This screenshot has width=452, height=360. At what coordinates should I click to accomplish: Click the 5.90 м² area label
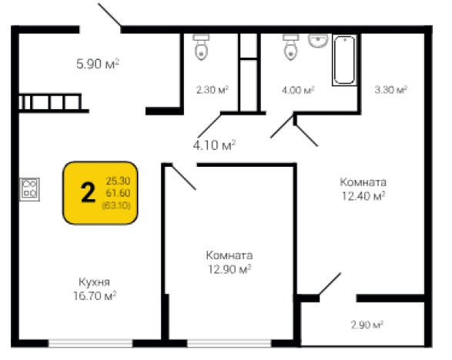coord(98,64)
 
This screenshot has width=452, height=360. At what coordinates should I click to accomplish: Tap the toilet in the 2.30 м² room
coord(201,47)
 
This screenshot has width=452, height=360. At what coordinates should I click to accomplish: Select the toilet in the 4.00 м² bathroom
coord(290,47)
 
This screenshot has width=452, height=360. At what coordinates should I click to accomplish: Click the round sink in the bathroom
coord(318,41)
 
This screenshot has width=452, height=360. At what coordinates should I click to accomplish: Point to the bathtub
coord(344,60)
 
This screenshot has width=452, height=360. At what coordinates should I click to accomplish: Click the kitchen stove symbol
coord(29,189)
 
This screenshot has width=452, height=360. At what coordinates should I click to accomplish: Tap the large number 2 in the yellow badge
coord(88,192)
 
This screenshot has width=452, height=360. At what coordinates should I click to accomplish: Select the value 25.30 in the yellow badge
coord(118,181)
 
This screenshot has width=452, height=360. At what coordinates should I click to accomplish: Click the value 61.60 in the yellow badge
coord(118,193)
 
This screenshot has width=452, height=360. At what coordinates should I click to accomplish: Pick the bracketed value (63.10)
coord(116,205)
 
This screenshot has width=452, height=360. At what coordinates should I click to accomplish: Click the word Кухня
coord(94,282)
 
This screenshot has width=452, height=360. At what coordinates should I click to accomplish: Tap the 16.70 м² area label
coord(95,295)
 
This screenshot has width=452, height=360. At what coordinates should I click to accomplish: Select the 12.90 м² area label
coord(229,269)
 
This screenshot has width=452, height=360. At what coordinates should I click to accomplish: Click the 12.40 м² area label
coord(363,196)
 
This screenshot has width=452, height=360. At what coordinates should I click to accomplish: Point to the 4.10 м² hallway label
coord(215,145)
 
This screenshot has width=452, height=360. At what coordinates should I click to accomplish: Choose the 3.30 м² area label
coord(391,90)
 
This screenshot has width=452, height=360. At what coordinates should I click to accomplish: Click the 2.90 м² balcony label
coord(367,325)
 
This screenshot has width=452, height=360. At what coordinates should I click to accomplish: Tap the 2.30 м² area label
coord(213,90)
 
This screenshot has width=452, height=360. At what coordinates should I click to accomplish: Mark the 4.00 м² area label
coord(298,90)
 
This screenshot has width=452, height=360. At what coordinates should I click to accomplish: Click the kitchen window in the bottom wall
coord(91,343)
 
